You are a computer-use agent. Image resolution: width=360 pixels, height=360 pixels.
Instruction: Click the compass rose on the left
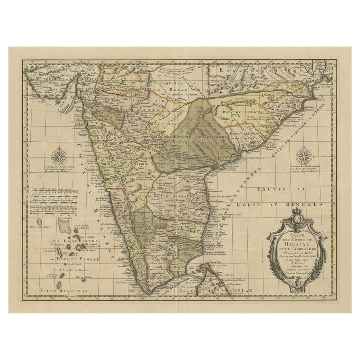[60, 156]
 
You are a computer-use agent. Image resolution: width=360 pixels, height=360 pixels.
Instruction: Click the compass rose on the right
[304, 156]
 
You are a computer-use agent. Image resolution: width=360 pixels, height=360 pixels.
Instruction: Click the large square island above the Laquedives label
[64, 227]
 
